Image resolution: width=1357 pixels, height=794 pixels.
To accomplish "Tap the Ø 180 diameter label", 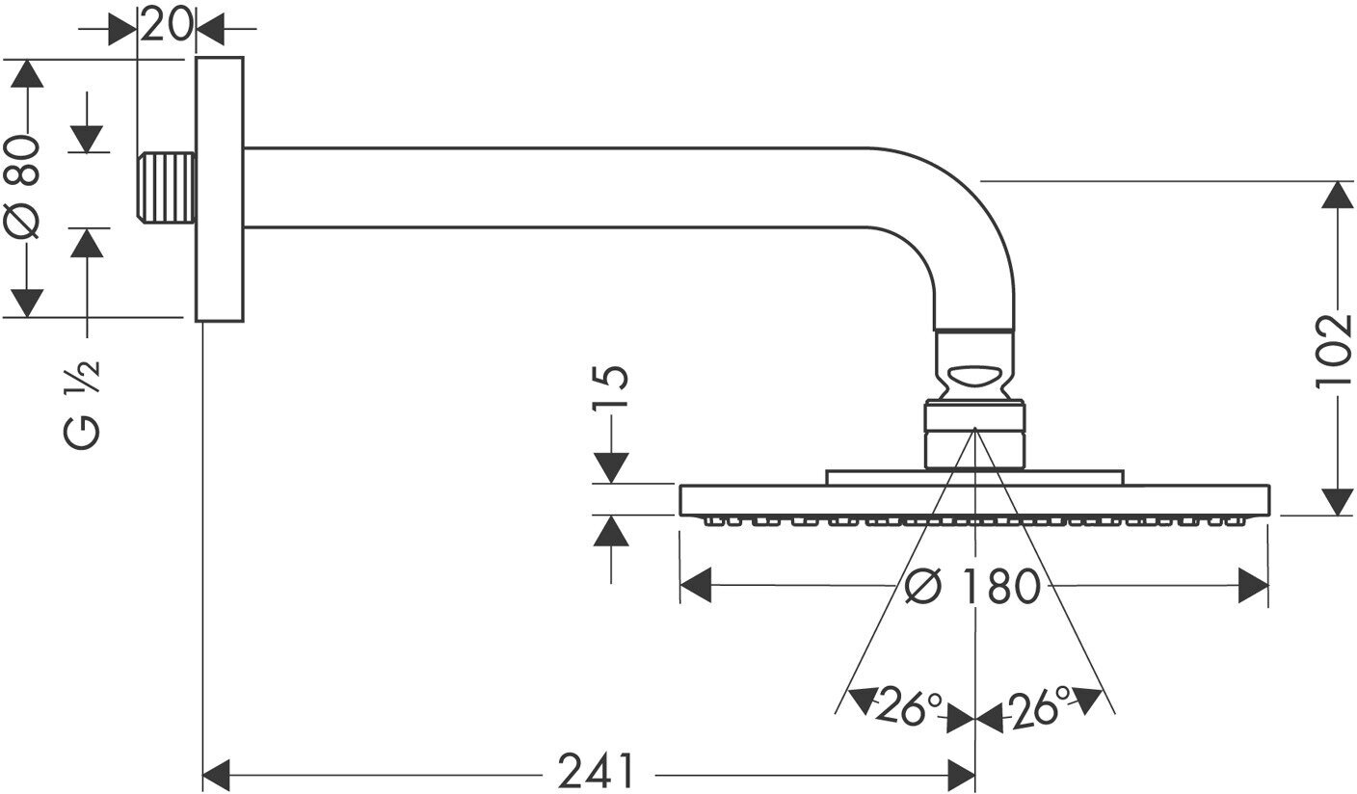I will coord(973,586).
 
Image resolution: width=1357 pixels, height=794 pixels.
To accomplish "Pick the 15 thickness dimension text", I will coord(612,390).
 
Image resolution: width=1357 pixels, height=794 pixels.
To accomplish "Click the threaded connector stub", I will coord(167,187).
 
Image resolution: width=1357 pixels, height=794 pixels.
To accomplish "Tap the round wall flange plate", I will coord(219,189).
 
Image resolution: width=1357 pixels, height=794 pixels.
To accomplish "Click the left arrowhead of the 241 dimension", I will coord(217,773).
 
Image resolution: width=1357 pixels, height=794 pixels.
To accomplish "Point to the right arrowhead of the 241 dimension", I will coord(962,773).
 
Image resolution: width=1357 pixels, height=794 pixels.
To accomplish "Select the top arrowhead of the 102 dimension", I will coord(1336,195).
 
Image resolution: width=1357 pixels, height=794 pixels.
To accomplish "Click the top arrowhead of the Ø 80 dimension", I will coord(26,73).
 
